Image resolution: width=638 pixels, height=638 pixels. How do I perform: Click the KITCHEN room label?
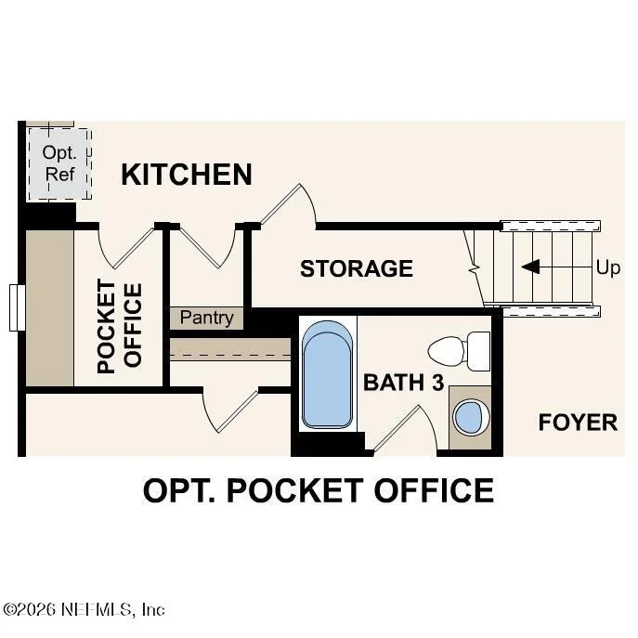(x=187, y=175)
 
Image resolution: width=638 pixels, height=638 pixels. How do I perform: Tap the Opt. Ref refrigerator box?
(x=59, y=164)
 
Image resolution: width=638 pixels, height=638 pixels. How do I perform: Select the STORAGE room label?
(x=357, y=268)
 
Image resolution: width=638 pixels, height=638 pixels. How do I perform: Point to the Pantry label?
(x=207, y=318)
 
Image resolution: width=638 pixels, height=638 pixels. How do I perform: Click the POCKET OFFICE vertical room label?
(x=120, y=326)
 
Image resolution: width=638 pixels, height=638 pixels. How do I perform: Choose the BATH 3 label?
(x=403, y=383)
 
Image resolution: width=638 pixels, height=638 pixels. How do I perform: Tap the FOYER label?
(x=578, y=423)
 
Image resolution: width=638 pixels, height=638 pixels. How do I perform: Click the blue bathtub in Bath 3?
(x=328, y=374)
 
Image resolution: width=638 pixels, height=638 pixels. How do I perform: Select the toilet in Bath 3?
(x=459, y=351)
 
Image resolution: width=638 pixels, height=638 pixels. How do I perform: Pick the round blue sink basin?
(x=471, y=418)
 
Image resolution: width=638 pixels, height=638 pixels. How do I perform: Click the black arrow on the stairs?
(x=530, y=267)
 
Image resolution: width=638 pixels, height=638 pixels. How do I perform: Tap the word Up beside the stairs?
(x=608, y=268)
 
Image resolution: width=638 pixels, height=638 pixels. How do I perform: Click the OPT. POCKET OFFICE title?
(x=319, y=490)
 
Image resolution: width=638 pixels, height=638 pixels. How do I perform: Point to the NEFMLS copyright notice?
(x=84, y=609)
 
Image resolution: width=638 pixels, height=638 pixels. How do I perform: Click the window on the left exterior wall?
(x=17, y=307)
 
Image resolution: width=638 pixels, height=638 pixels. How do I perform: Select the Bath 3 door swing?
(x=405, y=429)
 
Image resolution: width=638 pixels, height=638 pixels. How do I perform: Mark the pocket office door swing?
(x=126, y=248)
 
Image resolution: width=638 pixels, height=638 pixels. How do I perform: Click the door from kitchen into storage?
(x=288, y=205)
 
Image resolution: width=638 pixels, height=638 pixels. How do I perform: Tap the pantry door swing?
(x=207, y=247)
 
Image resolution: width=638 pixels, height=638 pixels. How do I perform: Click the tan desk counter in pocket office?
(x=49, y=308)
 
